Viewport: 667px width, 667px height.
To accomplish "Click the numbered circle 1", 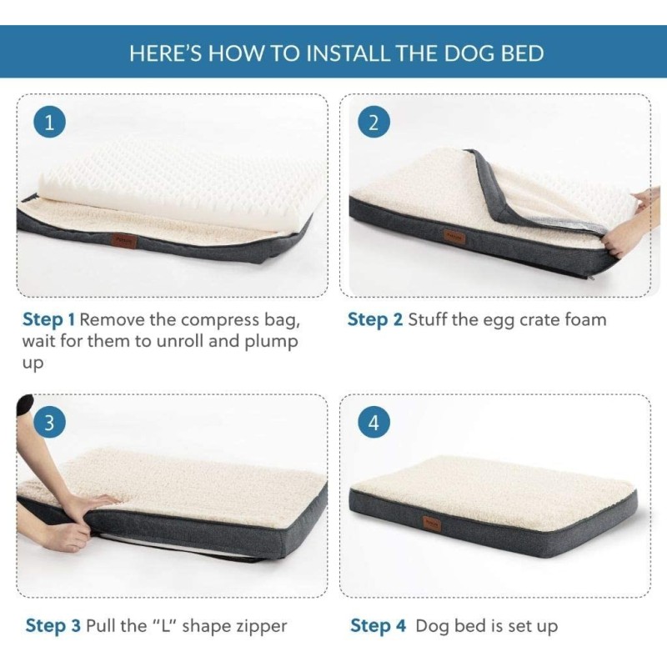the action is point(50,123).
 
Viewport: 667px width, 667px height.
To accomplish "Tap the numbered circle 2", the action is point(374,123).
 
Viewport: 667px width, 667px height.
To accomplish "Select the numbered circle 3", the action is point(50,424).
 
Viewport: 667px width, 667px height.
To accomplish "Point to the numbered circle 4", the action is point(374,424).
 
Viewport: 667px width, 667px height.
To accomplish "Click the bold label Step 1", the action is point(49,320).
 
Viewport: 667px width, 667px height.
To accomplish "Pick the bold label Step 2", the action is point(374,320).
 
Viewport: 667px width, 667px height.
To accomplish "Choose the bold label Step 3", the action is point(53,626).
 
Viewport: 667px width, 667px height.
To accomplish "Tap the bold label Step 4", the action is point(379,626).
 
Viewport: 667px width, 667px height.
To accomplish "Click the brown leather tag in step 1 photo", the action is point(124,241).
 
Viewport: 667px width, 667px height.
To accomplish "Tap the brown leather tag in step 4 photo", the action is point(432,524).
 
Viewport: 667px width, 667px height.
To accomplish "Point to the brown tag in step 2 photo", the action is point(452,236).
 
